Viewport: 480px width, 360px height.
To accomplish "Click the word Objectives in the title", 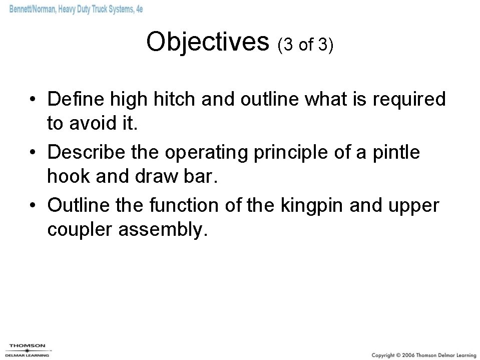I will point(208,42).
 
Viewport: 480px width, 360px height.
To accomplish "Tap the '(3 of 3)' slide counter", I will point(305,45).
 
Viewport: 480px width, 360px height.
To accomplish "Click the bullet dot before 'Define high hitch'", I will point(32,100).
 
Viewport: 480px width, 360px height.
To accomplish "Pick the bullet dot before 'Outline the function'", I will point(32,206).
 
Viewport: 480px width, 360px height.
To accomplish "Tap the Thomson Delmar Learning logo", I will point(28,350).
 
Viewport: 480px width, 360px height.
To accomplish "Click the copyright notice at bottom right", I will point(424,354).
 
